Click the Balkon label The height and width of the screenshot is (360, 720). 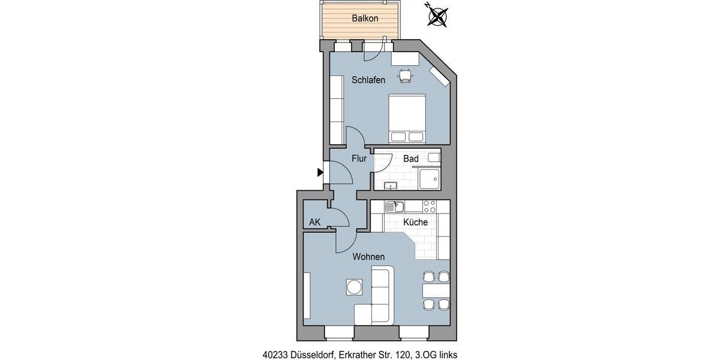tap(365, 19)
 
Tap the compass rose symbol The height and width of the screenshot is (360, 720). tap(439, 16)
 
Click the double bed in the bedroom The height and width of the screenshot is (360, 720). tap(407, 119)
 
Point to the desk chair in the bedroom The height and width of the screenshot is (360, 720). tap(406, 75)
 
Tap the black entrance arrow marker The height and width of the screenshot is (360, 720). tap(320, 173)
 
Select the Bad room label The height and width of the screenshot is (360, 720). tap(411, 159)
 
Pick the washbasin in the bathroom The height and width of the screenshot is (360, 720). tap(391, 185)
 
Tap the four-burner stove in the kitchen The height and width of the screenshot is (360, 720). tap(430, 206)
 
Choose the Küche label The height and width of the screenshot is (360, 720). tap(415, 222)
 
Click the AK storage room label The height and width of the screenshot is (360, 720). tap(315, 223)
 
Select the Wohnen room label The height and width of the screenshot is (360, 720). tap(368, 257)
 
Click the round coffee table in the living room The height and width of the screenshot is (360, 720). tap(354, 287)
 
